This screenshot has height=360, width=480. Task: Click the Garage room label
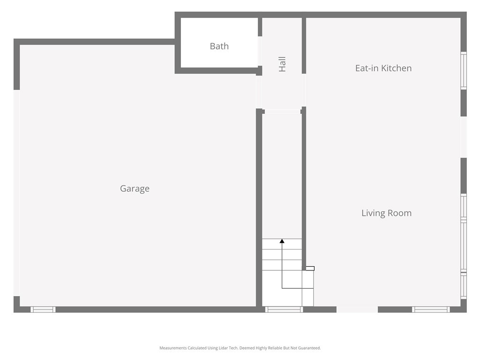[135, 188]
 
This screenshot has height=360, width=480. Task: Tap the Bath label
[219, 46]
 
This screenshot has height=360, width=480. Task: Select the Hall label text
[282, 64]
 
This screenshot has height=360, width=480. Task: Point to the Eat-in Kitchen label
[383, 68]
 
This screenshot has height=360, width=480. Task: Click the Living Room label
[386, 213]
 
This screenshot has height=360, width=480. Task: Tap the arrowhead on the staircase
[282, 241]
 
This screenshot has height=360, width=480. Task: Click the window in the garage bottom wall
[43, 309]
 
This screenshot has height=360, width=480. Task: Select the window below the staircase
[284, 309]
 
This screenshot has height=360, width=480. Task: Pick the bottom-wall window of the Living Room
[431, 309]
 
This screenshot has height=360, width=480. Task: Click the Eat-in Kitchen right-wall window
[464, 71]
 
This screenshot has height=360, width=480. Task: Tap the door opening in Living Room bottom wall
[357, 309]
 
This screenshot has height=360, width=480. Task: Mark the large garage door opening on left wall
[16, 193]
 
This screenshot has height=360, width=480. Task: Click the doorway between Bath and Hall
[260, 51]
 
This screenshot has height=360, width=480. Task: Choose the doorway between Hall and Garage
[259, 92]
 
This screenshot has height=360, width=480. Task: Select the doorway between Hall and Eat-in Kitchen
[304, 90]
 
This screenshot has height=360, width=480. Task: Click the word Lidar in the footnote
[223, 348]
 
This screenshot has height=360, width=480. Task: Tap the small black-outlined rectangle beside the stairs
[310, 269]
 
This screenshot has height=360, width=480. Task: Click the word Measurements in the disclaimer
[173, 348]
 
